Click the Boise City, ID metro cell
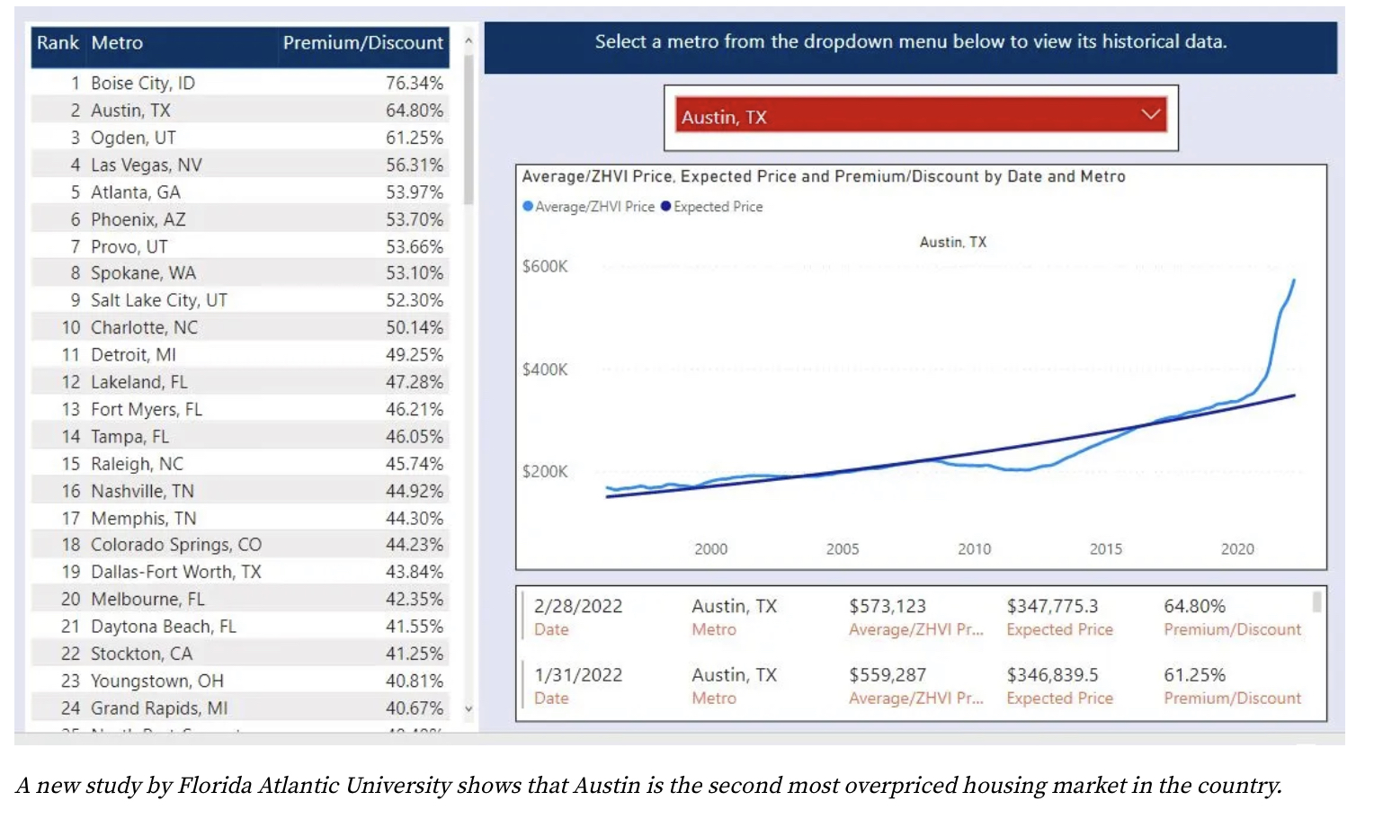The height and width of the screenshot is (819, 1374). (x=142, y=83)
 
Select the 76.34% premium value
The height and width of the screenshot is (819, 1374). (x=414, y=83)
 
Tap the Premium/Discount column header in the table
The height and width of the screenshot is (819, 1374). (x=362, y=43)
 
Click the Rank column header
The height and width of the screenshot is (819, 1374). (x=58, y=43)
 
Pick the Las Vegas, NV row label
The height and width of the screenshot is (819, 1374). (x=146, y=165)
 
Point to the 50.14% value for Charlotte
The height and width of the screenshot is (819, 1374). (x=414, y=327)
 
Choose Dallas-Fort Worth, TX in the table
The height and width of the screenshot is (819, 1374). (x=175, y=572)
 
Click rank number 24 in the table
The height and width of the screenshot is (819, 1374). (x=70, y=708)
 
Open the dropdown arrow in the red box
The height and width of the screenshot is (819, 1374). (x=1150, y=114)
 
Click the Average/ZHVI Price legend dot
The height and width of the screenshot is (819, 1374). (x=528, y=206)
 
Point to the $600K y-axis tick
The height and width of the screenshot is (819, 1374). (x=545, y=266)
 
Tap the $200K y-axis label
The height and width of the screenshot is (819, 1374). (x=545, y=471)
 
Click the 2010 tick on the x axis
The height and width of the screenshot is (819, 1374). (x=974, y=548)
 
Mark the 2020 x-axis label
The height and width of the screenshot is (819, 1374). (x=1237, y=548)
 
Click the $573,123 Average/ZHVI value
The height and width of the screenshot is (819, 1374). (x=887, y=606)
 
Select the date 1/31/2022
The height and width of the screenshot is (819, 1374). (x=577, y=674)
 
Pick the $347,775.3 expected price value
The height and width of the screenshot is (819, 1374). (x=1052, y=606)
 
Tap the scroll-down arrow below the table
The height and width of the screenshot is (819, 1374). (x=468, y=708)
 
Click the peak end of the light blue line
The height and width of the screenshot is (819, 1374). (x=1294, y=280)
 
